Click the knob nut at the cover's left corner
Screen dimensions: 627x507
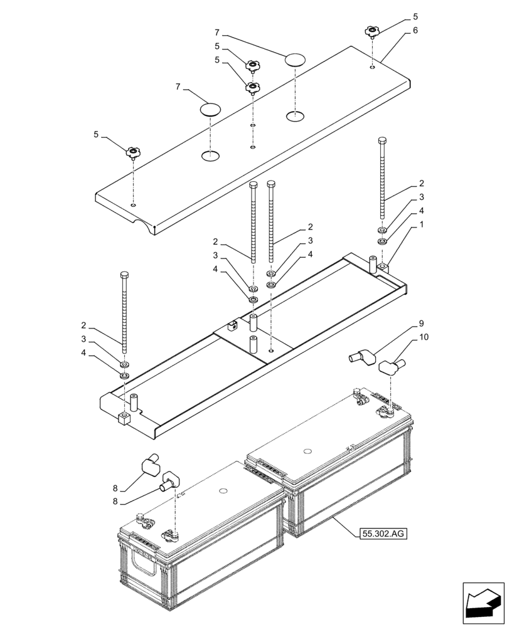click(132, 152)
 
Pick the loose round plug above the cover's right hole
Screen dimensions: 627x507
click(294, 60)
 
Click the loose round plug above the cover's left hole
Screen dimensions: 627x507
click(211, 110)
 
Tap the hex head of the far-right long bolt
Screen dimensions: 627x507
click(382, 140)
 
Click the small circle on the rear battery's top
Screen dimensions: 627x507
click(307, 451)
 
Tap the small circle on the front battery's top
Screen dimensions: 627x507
click(223, 491)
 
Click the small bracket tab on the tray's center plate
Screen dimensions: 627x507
click(232, 325)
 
